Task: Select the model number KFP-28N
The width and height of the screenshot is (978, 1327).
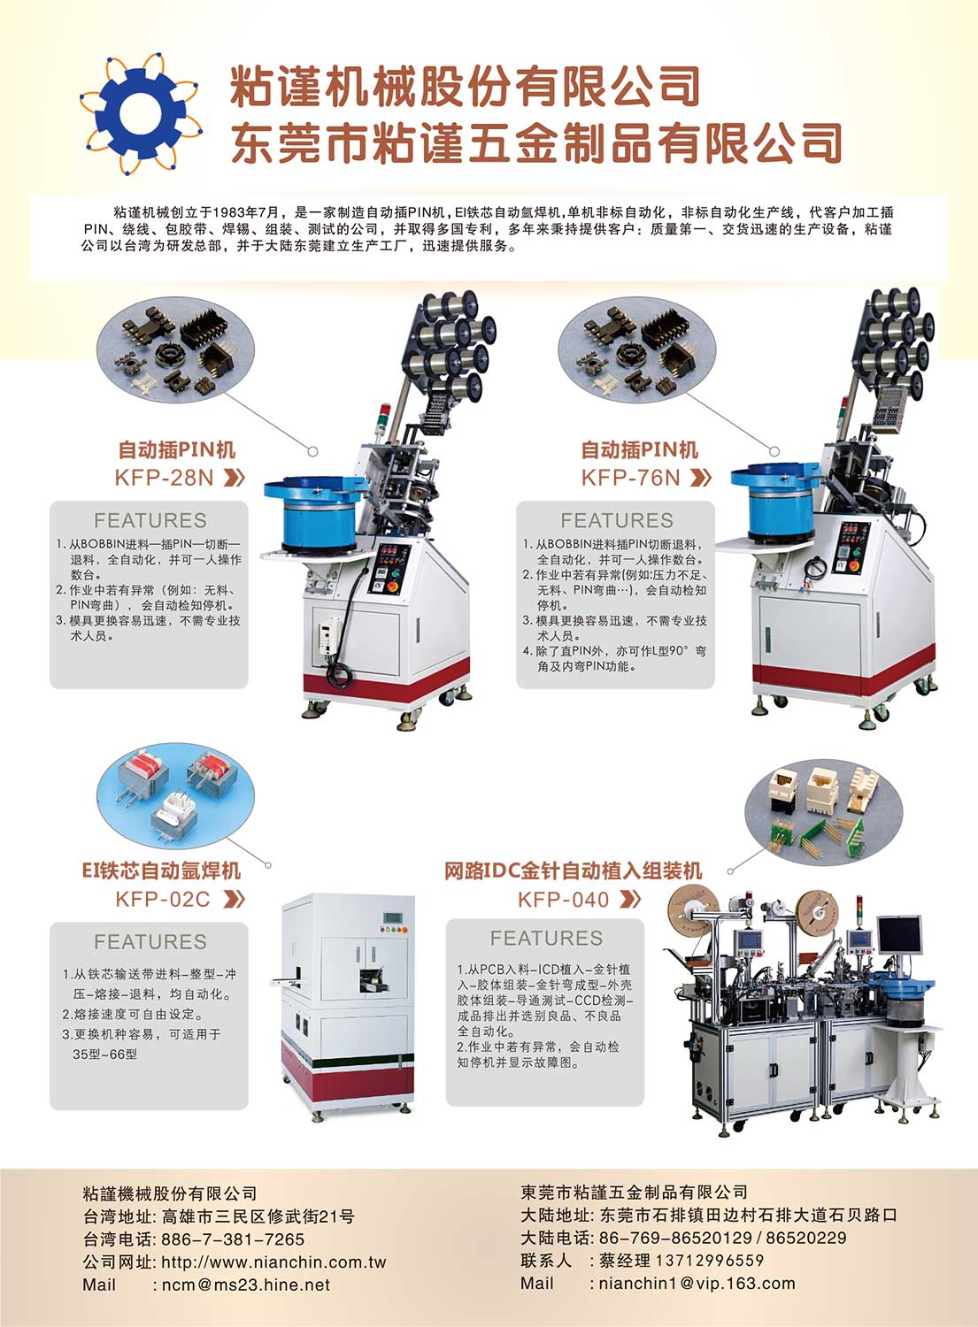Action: tap(164, 478)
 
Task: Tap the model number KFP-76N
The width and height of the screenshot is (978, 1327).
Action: tap(630, 478)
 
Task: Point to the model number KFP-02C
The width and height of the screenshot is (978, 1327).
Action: tap(163, 900)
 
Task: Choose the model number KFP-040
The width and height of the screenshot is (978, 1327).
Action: tap(563, 900)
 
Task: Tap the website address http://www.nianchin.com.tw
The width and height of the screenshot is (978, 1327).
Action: tap(273, 1262)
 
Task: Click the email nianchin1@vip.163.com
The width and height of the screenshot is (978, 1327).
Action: tap(697, 1283)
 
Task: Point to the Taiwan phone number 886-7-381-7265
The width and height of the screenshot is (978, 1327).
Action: tap(233, 1239)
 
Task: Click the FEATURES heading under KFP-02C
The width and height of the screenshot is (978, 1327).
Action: tap(150, 942)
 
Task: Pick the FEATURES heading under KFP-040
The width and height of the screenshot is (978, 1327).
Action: tap(546, 939)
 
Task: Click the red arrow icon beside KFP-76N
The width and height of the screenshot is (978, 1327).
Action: tap(701, 478)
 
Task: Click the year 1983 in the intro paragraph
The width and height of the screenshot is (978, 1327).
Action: tap(226, 212)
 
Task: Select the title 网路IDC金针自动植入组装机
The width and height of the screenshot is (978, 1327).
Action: tap(574, 871)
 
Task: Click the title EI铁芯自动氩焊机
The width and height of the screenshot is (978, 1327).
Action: tap(161, 871)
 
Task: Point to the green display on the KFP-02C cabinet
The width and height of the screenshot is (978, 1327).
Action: tap(392, 917)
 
